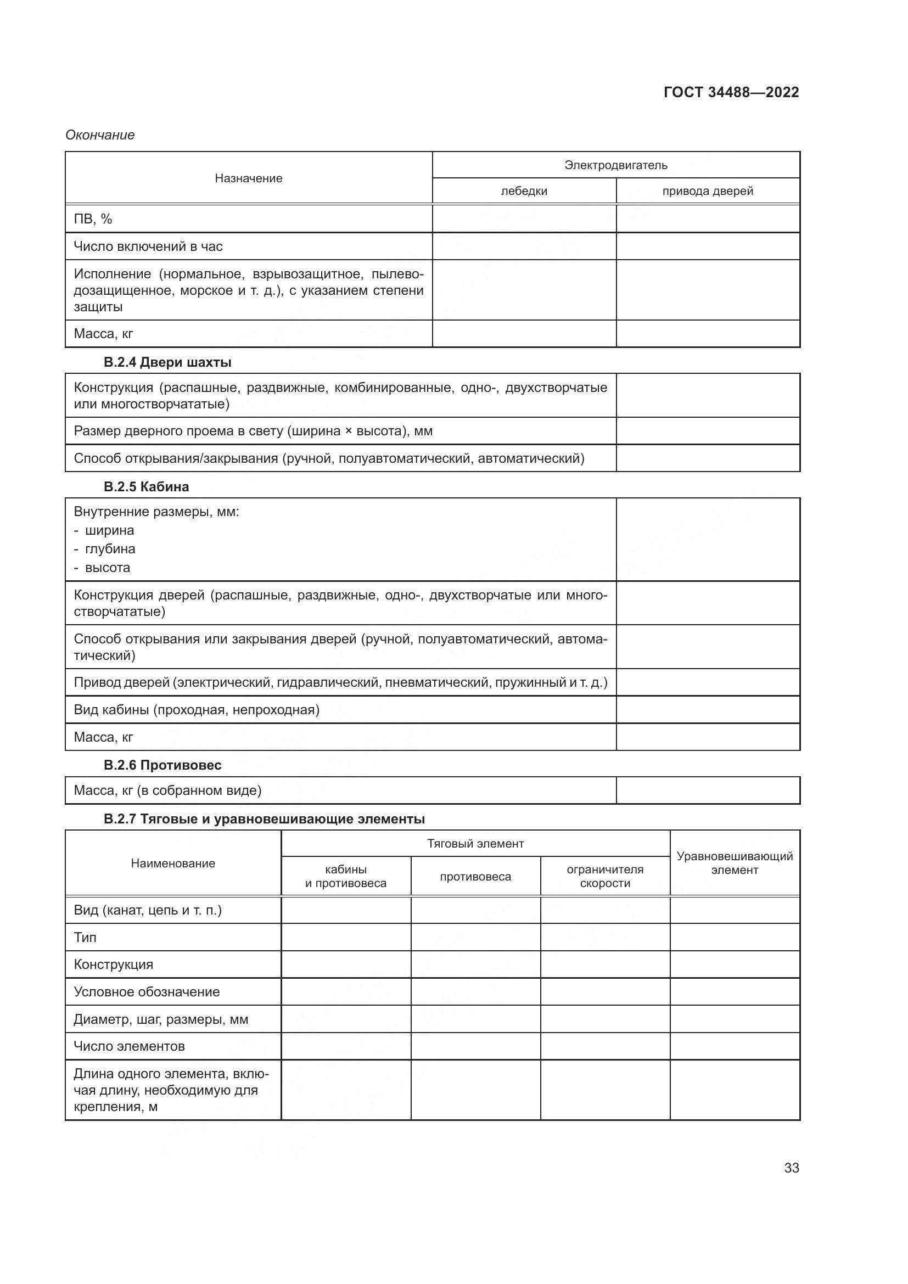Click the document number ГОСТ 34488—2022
coord(731,92)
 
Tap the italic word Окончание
coord(100,135)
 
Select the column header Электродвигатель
coord(615,165)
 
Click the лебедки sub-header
coord(524,191)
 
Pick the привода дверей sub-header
coord(707,191)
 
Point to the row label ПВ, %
coord(93,219)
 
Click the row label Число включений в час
coord(148,246)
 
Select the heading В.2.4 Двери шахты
coord(167,362)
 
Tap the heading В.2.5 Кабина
coord(146,486)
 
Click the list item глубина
coord(110,549)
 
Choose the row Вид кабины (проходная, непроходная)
coord(197,710)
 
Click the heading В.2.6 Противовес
coord(162,765)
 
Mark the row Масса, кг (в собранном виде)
coord(168,790)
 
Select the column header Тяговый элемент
coord(475,843)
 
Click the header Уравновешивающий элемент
coord(734,863)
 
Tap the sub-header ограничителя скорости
coord(605,876)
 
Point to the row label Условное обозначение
coord(147,992)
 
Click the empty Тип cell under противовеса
coord(475,937)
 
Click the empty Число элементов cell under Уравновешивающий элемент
coord(734,1046)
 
